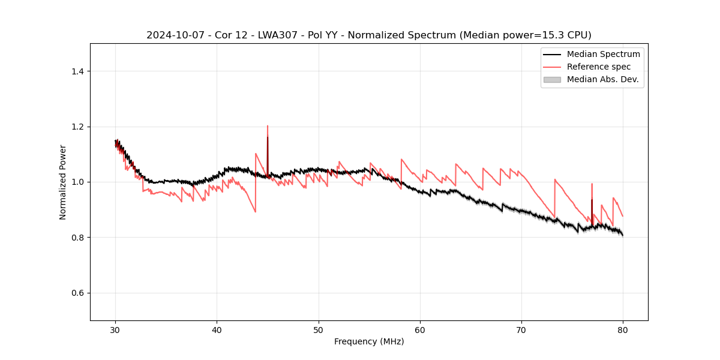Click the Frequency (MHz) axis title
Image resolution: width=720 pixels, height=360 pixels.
(369, 341)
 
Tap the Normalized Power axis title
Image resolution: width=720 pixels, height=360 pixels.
(63, 182)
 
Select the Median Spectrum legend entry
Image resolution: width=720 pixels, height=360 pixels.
(603, 54)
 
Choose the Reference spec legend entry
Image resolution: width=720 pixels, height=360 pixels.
(599, 67)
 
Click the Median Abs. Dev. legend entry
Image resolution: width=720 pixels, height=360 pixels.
(602, 79)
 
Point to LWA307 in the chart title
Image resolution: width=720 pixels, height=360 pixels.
(269, 35)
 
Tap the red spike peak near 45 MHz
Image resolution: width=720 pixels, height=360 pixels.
(268, 126)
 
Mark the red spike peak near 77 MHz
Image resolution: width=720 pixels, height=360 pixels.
(592, 184)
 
